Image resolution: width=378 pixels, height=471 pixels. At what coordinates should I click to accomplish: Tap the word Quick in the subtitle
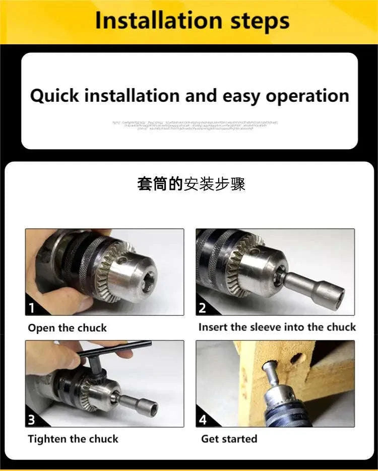[x=54, y=96]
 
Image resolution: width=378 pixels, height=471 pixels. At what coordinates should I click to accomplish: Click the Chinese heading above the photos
[x=191, y=184]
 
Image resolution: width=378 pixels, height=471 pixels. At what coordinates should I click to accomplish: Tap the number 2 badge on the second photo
[x=203, y=308]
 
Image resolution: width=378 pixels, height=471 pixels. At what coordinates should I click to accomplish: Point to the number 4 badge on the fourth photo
[x=203, y=420]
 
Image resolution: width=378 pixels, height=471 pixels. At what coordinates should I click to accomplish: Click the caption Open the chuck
[x=67, y=328]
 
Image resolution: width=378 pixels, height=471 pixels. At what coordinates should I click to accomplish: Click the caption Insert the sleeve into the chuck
[x=277, y=327]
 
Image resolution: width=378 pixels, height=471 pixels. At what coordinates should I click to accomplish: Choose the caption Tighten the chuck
[x=74, y=439]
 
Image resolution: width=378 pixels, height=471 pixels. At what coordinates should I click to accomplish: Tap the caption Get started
[x=229, y=439]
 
